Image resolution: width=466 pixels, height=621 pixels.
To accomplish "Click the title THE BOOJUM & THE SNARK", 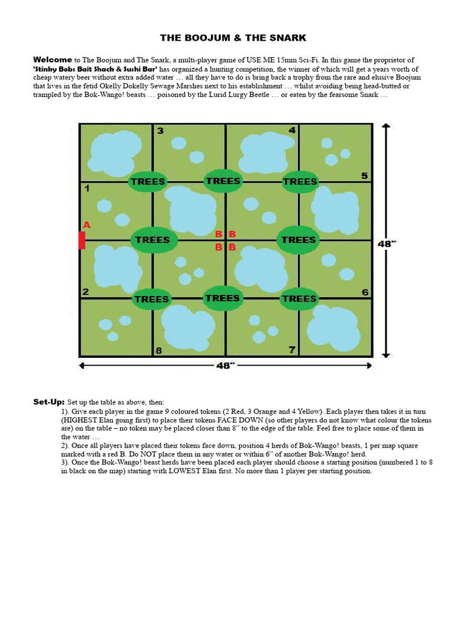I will coord(233,38).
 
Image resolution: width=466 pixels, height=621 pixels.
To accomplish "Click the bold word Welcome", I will coord(53,60).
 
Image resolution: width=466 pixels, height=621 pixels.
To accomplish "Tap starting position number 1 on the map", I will coord(87,189).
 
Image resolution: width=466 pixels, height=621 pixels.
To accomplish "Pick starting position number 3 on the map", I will coord(160,131).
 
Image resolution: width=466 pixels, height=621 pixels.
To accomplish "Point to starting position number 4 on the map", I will coord(292,130).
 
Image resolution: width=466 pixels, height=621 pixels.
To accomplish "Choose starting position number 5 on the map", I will coord(364,176).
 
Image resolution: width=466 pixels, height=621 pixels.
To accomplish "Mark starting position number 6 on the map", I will coord(365,292).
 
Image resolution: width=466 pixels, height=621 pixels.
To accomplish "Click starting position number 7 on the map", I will coord(292,349).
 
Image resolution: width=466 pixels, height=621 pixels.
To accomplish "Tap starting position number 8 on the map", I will coord(159,350).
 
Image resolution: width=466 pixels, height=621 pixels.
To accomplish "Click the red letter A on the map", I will coord(86,225).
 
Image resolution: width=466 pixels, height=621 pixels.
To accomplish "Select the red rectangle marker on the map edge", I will coord(81,240).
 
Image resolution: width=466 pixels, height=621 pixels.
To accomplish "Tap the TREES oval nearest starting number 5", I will coord(300,181).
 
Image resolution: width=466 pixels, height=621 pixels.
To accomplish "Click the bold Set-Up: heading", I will coord(49,402).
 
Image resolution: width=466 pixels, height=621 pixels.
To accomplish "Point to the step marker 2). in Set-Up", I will coord(66,445).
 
